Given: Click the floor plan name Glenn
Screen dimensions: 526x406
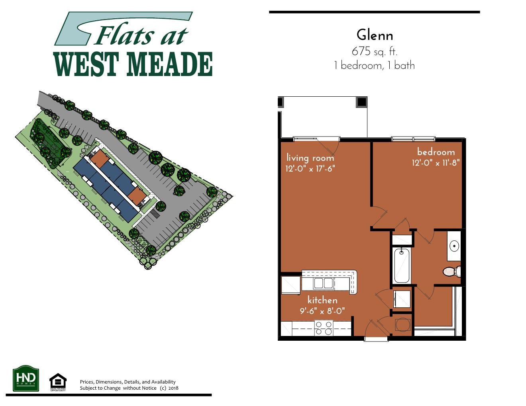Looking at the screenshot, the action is pos(374,35).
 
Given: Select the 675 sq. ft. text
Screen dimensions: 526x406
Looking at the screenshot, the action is pos(374,51).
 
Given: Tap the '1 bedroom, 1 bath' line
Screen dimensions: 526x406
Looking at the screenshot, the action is pos(374,66).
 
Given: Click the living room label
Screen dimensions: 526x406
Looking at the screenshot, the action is pos(310,158).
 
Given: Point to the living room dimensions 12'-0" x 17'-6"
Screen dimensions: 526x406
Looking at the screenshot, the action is pos(310,168).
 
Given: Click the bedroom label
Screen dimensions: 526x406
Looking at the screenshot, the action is pos(436,152).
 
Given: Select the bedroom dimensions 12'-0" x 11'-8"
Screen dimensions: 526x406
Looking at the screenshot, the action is pos(436,162).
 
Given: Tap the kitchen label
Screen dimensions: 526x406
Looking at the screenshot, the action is pos(322,300).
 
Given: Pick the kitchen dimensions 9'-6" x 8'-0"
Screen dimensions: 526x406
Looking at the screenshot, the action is pos(322,310).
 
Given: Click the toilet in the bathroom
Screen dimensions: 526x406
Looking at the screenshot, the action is pos(452,271).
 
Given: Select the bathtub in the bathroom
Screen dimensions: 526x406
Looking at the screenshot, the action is pos(402,265).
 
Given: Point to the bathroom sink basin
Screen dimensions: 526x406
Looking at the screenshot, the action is pos(454,246).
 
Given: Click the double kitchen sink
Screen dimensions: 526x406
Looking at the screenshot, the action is pos(324,283).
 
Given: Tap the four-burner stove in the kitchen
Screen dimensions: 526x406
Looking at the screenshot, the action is pos(324,328).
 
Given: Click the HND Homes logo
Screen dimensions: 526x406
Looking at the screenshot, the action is pos(26,378).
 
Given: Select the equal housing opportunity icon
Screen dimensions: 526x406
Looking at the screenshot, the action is pos(58,382).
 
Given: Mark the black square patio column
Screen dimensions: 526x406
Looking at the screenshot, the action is pos(361,102).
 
